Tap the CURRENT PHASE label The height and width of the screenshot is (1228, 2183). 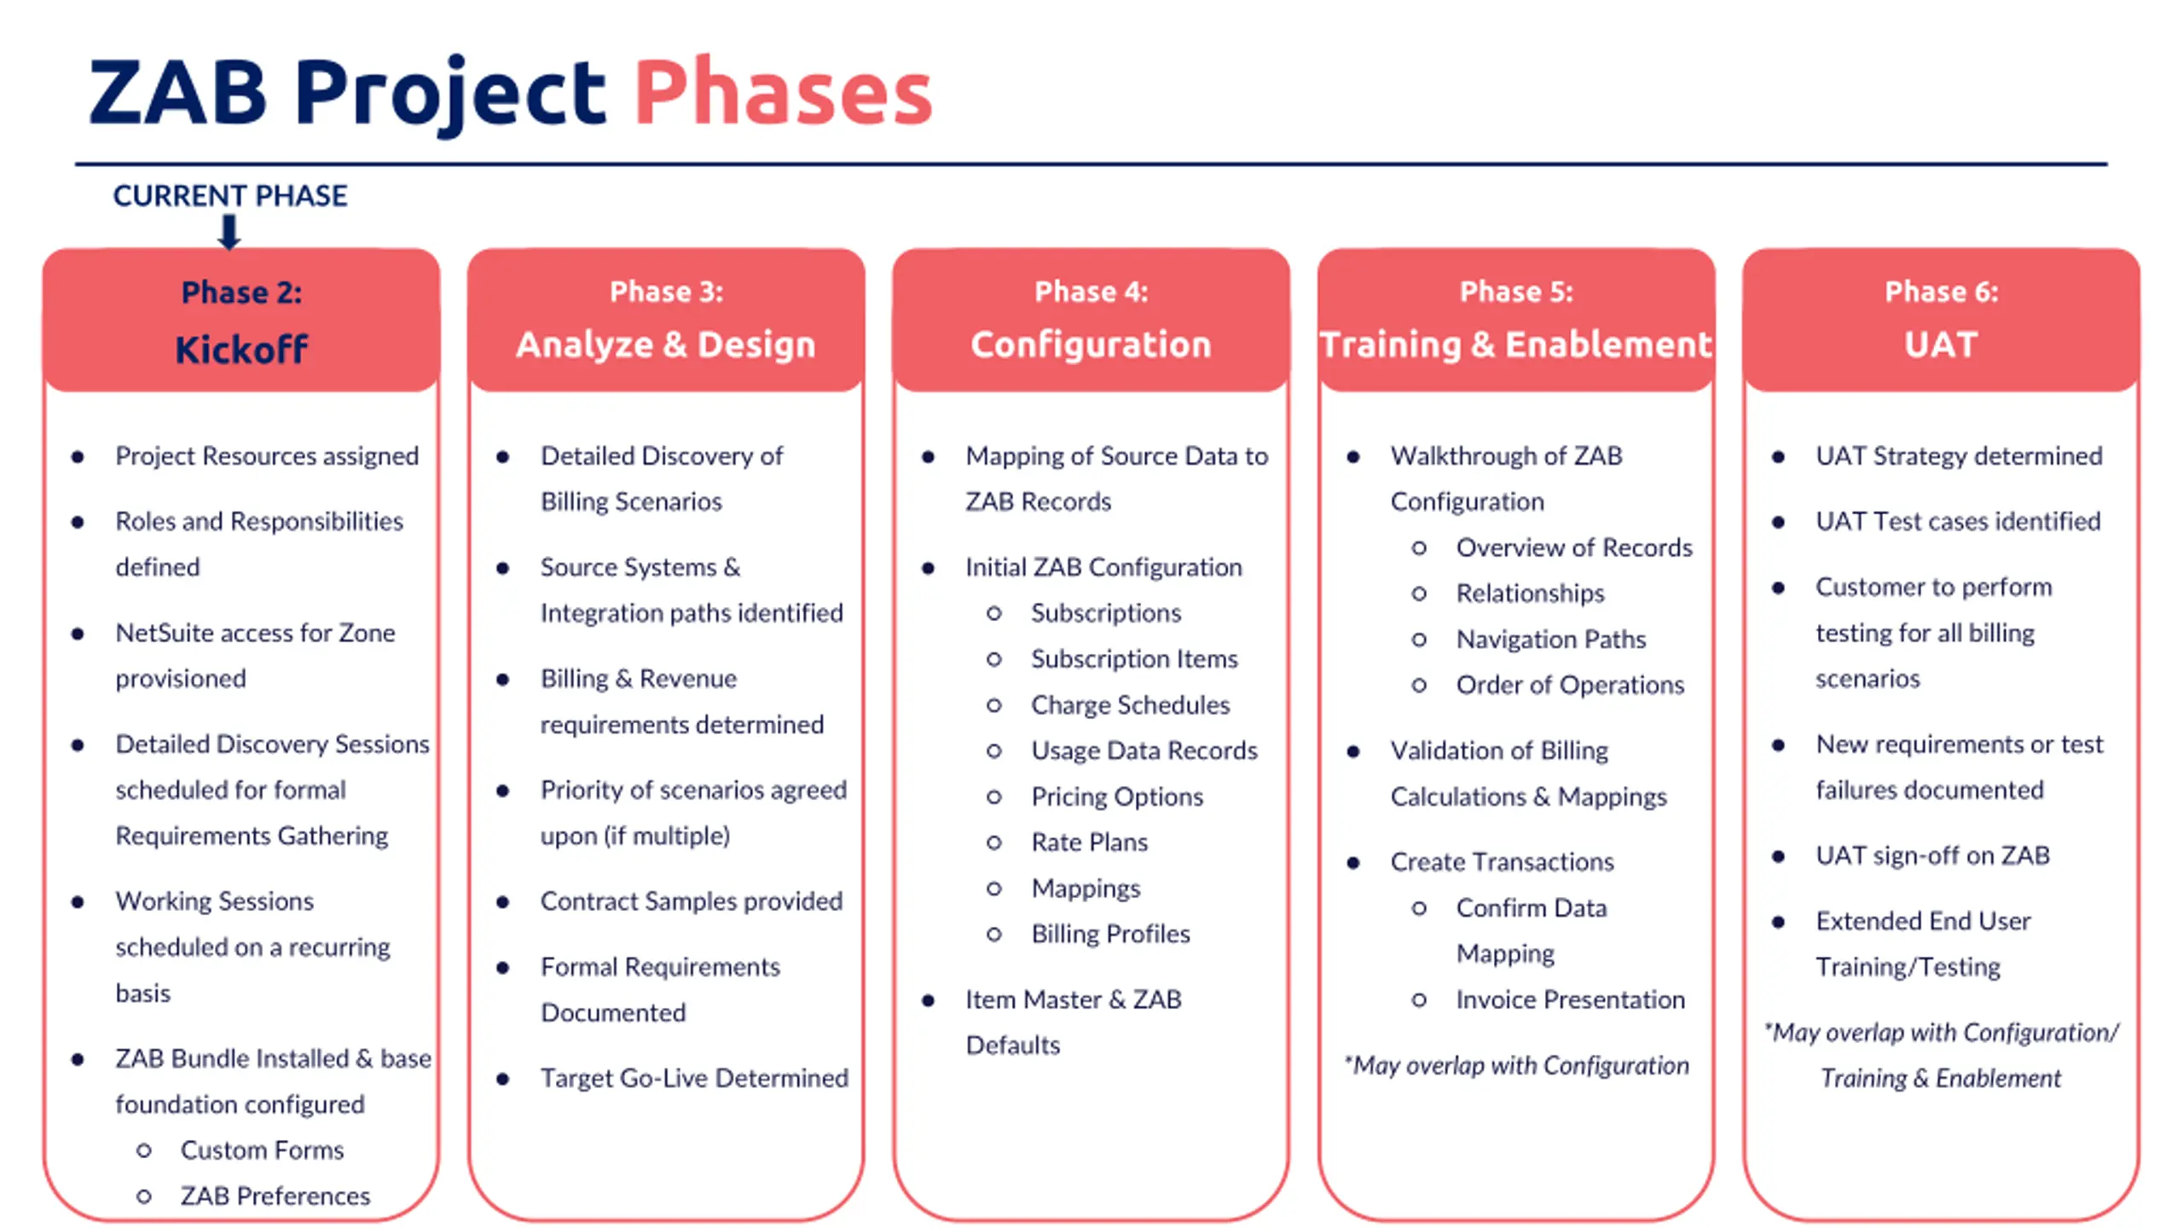(x=229, y=195)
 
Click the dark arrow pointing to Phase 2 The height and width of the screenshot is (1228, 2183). (x=229, y=231)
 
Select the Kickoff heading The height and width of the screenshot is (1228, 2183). (x=241, y=349)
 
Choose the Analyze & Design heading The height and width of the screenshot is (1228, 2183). (x=666, y=345)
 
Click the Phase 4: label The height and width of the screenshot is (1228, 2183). (x=1091, y=292)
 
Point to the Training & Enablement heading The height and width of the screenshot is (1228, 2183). (x=1515, y=345)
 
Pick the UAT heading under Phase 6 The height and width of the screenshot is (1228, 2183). (x=1941, y=345)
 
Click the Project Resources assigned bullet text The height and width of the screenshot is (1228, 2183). (x=267, y=456)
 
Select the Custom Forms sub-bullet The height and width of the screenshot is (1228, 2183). (x=262, y=1150)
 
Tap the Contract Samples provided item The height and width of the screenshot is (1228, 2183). (x=691, y=901)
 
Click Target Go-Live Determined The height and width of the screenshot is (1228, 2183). (x=694, y=1078)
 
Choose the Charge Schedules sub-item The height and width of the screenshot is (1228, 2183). (x=1130, y=705)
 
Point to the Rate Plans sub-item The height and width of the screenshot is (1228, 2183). (x=1089, y=843)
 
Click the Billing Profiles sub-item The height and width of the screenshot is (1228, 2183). (x=1110, y=934)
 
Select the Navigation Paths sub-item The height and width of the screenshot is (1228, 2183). (x=1550, y=640)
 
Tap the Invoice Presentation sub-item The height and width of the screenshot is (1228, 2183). (x=1570, y=999)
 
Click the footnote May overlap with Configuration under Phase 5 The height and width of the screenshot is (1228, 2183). (x=1516, y=1066)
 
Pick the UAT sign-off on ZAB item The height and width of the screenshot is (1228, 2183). (x=1932, y=855)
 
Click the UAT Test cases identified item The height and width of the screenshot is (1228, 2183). (x=1958, y=521)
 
